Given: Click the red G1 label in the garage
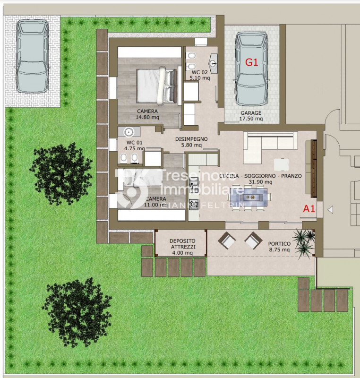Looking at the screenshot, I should pos(251,63).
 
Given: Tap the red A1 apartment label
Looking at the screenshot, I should pos(309,208).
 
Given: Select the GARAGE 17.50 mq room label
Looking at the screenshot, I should pos(251,116).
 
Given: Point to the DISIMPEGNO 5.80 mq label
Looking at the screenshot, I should pos(191,142).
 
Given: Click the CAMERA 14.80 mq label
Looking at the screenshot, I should pos(147,114).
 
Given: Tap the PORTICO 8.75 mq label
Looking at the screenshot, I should pos(279,246).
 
